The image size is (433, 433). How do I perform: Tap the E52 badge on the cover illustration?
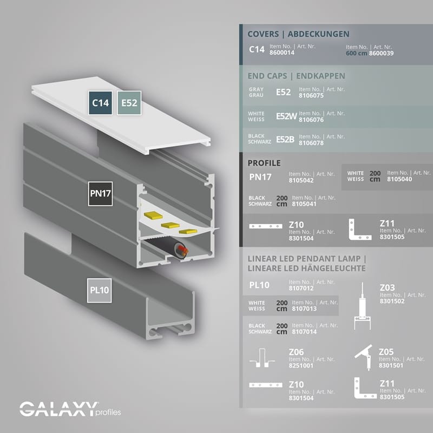pyautogui.click(x=129, y=102)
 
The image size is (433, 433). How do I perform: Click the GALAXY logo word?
pyautogui.click(x=59, y=409)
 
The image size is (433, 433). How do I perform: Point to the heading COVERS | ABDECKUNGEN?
pyautogui.click(x=298, y=34)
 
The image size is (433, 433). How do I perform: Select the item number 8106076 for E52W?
pyautogui.click(x=311, y=120)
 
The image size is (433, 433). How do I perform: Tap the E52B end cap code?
pyautogui.click(x=285, y=139)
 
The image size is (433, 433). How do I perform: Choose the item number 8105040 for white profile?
pyautogui.click(x=399, y=179)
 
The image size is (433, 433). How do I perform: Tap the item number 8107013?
pyautogui.click(x=304, y=309)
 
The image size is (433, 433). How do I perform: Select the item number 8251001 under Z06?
pyautogui.click(x=301, y=366)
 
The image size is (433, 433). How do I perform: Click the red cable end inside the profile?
pyautogui.click(x=182, y=250)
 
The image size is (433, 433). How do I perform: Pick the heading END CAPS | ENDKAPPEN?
pyautogui.click(x=296, y=76)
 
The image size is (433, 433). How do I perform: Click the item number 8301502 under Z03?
pyautogui.click(x=392, y=301)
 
